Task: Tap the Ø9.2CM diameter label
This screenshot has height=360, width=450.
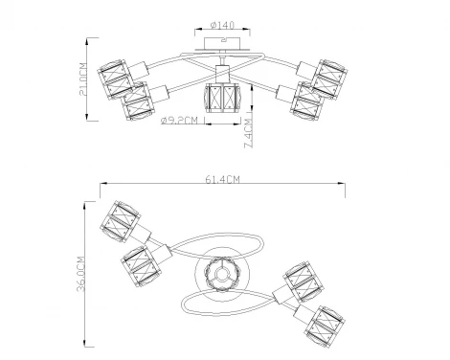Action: [x=179, y=122]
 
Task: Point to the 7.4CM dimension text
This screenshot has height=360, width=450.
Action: [x=248, y=125]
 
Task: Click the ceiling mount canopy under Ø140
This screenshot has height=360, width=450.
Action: [x=224, y=42]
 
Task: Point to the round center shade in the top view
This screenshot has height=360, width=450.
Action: [x=219, y=273]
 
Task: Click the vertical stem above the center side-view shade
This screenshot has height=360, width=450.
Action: [x=222, y=76]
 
